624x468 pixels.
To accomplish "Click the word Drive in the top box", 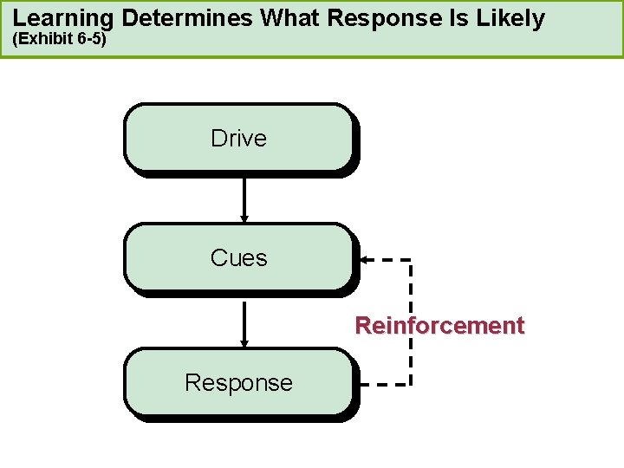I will point(238,139).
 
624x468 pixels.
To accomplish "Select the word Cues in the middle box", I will point(238,258).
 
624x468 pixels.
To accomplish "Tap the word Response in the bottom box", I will point(238,382).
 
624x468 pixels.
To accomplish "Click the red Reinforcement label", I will point(439,326).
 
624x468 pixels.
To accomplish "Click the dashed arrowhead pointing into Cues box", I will point(365,259).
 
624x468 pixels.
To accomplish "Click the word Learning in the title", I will point(63,18).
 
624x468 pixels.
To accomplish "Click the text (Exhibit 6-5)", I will point(59,40).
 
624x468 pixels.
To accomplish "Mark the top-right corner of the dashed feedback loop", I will point(410,259).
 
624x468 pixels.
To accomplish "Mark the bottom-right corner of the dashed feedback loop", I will point(410,383).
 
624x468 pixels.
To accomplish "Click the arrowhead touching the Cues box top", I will point(244,218).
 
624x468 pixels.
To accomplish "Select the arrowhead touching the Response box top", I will point(244,341).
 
